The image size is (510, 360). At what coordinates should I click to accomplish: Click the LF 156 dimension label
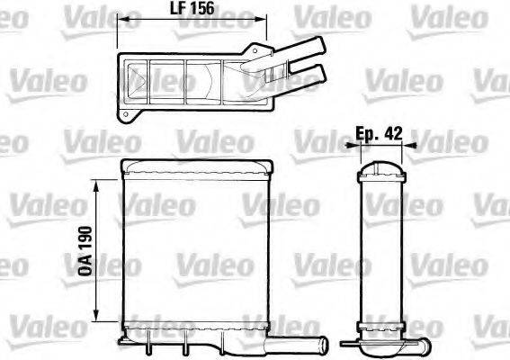coord(193,9)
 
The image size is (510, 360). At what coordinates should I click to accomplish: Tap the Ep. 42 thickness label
coord(379,132)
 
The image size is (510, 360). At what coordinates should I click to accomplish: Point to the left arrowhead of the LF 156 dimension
coord(123,19)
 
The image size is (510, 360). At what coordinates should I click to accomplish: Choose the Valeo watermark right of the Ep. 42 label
coord(449,141)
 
